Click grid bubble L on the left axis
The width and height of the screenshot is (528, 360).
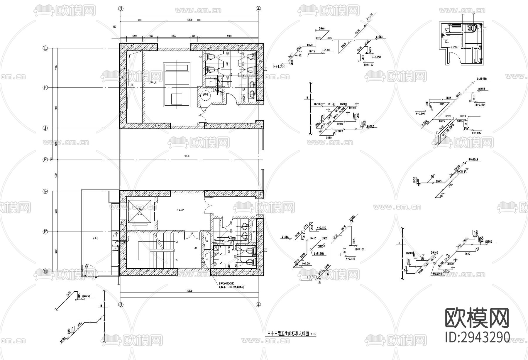point(45,48)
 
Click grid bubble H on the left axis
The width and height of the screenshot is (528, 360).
point(45,160)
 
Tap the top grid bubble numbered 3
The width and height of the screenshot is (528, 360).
point(121,9)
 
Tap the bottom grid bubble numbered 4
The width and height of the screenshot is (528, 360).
point(258,305)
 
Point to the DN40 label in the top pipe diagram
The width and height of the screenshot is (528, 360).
point(321,29)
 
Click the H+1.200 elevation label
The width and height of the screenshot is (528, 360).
point(279,67)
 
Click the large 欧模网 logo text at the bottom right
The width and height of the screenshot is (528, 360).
point(477,318)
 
